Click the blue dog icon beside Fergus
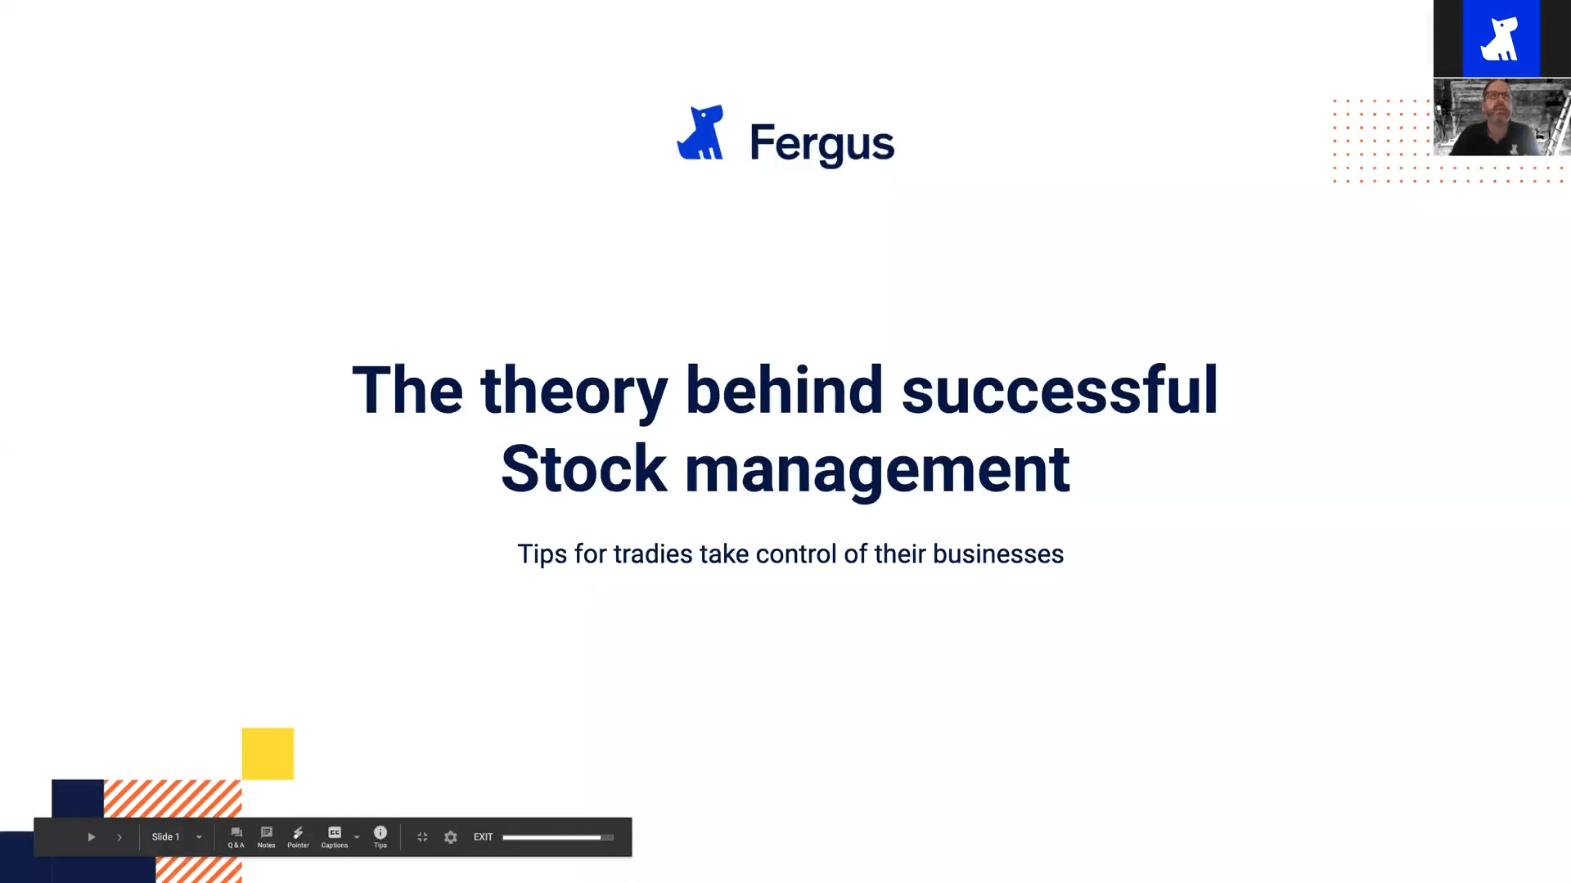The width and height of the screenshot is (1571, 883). [x=700, y=132]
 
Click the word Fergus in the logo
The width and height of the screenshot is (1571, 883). [x=822, y=144]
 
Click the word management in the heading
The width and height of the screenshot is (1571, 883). [x=877, y=471]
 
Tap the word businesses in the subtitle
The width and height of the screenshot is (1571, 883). [x=998, y=554]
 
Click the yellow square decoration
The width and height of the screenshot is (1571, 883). [x=268, y=753]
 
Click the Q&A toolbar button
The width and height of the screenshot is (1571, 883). [x=236, y=837]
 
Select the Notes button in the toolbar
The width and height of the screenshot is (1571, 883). [x=266, y=837]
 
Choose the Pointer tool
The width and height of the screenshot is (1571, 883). [x=298, y=837]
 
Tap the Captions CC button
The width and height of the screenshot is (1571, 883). [x=334, y=837]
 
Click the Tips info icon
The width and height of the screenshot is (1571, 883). [x=380, y=837]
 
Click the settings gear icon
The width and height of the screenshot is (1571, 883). [x=451, y=837]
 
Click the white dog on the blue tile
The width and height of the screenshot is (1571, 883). [x=1501, y=38]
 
